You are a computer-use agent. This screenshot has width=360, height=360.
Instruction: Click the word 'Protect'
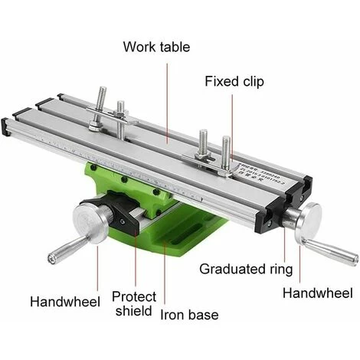click(x=134, y=296)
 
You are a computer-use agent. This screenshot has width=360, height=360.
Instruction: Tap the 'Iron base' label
click(x=189, y=314)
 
